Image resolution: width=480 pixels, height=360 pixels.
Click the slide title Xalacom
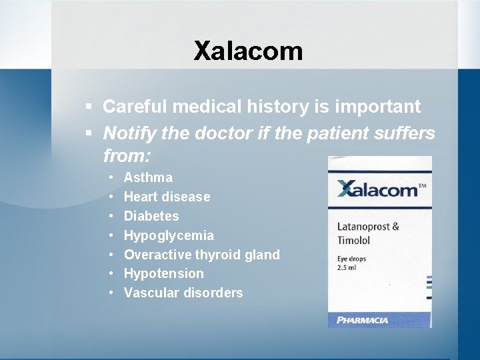248,51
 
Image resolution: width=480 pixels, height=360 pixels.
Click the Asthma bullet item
148,177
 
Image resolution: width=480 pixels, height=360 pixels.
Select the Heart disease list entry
167,197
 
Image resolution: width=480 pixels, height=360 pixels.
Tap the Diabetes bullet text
151,216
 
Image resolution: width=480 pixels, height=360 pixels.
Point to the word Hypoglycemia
169,235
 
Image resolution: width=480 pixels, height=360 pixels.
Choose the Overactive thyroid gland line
201,255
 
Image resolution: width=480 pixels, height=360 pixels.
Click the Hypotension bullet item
163,273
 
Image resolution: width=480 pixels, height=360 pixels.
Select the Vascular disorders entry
183,293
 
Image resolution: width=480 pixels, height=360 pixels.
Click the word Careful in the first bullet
134,107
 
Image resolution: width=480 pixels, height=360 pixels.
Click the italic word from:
127,157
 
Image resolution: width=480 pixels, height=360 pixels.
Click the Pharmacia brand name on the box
364,320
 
